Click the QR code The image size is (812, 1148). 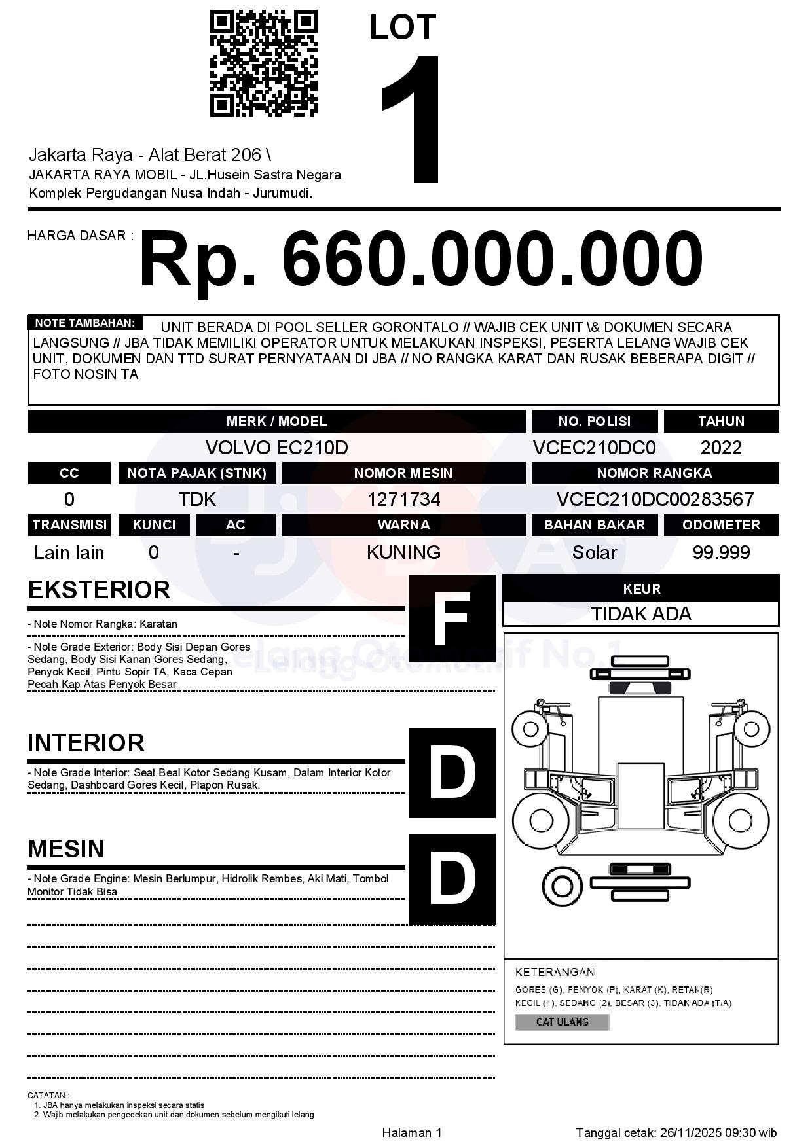(x=263, y=63)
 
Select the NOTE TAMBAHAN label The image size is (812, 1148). (x=85, y=323)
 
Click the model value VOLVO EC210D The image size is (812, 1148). (x=276, y=448)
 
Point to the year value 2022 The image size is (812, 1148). (x=721, y=448)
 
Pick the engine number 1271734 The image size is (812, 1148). (x=403, y=499)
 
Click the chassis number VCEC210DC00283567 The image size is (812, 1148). (x=655, y=499)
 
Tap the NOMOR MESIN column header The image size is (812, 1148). (x=403, y=473)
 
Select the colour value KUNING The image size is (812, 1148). (x=403, y=552)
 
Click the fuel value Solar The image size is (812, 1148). (x=594, y=552)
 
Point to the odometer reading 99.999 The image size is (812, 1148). (x=721, y=552)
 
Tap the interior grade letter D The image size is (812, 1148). (x=452, y=773)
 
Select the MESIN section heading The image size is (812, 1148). (x=66, y=849)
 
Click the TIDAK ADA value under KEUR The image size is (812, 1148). (x=641, y=614)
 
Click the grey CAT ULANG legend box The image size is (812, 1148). (x=562, y=1022)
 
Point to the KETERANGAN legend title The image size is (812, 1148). (x=555, y=972)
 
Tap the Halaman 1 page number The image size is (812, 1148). (x=412, y=1133)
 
